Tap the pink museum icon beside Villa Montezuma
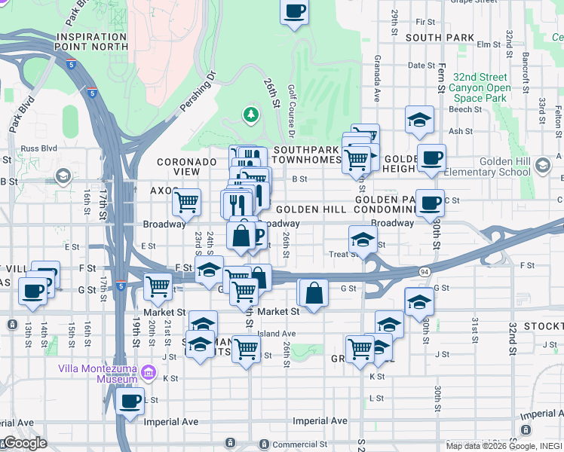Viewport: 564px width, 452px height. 148,373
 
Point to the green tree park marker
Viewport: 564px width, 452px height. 250,115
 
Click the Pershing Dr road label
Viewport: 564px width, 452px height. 198,93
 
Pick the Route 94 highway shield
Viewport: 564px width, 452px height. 424,271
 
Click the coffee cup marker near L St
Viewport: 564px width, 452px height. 130,400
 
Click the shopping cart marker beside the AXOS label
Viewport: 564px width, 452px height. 185,201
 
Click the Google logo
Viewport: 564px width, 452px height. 25,443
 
